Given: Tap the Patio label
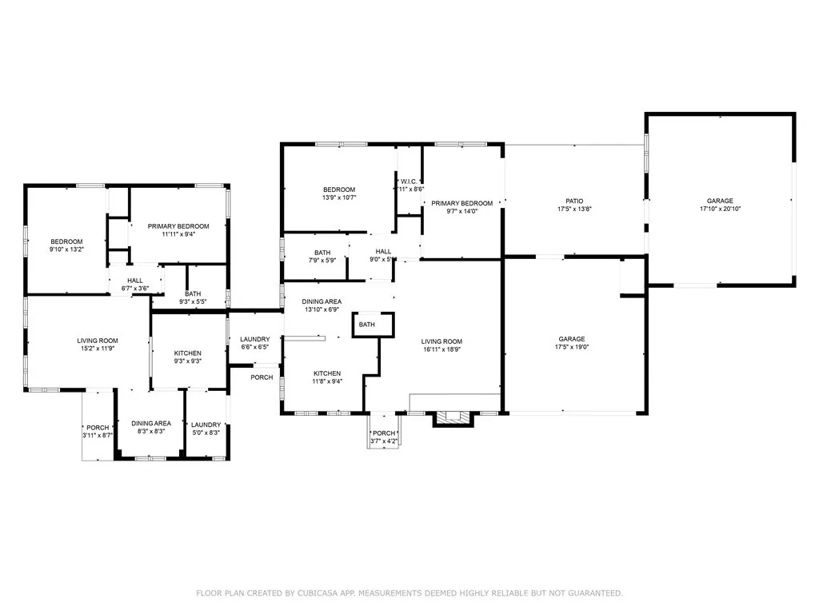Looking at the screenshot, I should [574, 201].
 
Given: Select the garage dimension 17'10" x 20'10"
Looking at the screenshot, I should [720, 209].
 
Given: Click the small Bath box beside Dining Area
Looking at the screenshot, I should [367, 325].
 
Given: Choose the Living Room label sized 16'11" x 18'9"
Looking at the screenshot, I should [442, 341].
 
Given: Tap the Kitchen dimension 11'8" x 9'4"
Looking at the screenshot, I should [327, 382].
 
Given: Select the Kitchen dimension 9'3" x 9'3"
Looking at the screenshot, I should [188, 361].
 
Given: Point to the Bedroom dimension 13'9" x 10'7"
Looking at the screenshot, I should [339, 197].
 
